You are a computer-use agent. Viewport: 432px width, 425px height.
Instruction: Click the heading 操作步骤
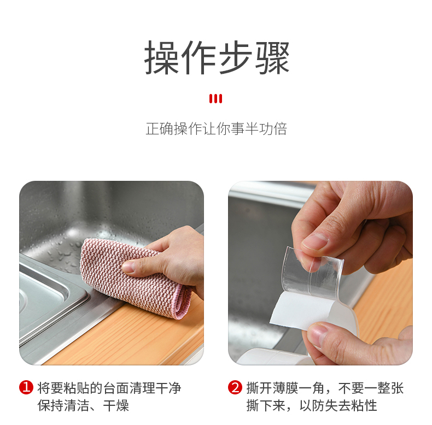pos(217,57)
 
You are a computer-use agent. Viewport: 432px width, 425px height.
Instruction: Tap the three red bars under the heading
pos(215,98)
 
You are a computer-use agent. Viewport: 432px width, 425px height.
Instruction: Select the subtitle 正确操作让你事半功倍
pos(217,129)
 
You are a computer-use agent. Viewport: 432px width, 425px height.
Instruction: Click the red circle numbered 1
pos(26,387)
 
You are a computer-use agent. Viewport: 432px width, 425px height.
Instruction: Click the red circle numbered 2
pos(235,387)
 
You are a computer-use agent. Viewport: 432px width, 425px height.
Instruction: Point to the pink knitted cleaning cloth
pos(132,278)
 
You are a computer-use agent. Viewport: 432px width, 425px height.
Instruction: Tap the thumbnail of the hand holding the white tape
pos(317,334)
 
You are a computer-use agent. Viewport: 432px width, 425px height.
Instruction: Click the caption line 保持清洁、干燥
pos(83,405)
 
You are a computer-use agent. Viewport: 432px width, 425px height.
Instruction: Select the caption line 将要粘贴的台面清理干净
pos(109,388)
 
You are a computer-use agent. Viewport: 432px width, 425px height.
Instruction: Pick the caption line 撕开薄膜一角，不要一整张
pos(325,388)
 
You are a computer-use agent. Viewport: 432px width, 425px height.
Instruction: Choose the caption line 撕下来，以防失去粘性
pos(312,405)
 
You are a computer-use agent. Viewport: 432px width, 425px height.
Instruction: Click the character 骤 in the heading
pos(272,57)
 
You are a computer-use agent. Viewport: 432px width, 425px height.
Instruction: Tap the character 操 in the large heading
pos(162,57)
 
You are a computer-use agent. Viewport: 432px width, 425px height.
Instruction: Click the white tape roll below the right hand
pos(276,357)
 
